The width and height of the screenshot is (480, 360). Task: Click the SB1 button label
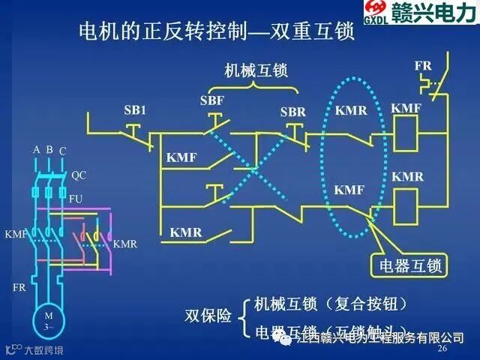tap(134, 110)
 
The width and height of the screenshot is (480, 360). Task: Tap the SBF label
tap(212, 100)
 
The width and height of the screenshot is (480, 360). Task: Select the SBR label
tap(292, 112)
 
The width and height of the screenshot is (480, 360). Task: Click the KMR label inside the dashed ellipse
tap(351, 110)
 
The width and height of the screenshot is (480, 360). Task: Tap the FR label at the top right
tap(422, 66)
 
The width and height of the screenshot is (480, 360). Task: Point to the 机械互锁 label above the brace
tap(256, 70)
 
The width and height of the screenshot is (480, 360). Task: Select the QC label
tap(79, 175)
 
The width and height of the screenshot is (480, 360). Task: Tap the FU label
tap(76, 199)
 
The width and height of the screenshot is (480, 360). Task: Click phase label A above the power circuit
tap(36, 150)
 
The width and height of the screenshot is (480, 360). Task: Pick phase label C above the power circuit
tap(63, 151)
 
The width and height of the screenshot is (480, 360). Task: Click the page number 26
tap(442, 349)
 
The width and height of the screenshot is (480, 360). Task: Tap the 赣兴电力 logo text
tap(436, 13)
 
